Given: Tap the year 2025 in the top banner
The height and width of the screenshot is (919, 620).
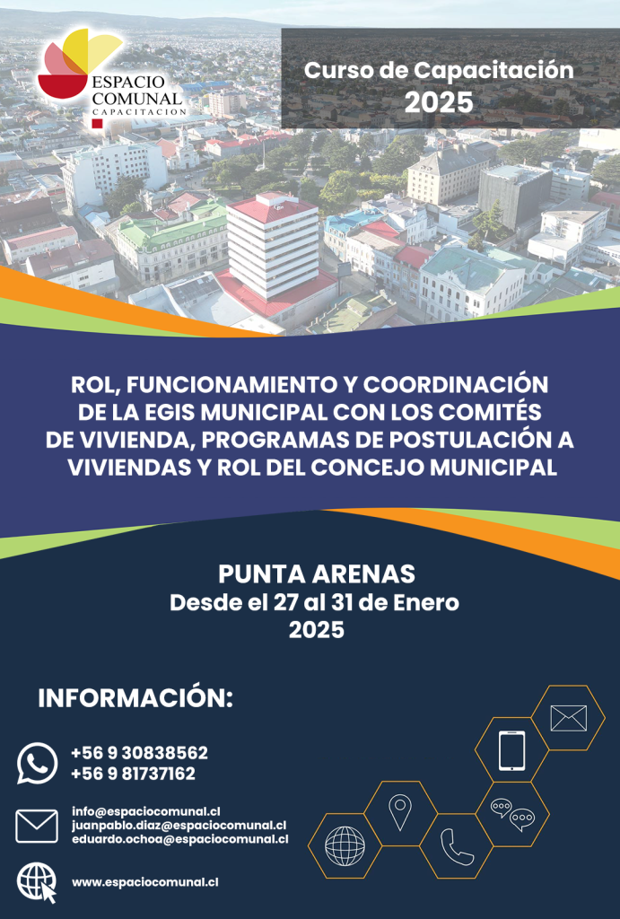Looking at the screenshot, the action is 439,102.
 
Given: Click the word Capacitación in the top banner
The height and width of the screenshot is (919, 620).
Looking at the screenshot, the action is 493,70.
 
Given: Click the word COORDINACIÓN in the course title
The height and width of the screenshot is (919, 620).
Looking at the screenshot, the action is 455,384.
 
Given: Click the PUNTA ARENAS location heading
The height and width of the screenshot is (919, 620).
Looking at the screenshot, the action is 317,574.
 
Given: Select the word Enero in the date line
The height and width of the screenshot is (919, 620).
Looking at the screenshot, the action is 426,602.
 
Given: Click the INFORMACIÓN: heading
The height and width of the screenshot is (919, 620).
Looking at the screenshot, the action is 135,698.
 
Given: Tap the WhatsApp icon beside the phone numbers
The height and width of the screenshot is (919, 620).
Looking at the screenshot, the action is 38,763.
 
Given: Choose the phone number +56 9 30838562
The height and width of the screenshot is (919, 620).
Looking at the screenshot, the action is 139,753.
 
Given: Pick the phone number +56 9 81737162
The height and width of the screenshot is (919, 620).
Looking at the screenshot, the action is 133,774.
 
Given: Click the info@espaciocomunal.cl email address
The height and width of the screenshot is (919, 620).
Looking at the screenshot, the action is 146,811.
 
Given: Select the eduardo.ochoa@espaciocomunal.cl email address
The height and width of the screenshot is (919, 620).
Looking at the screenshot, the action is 180,839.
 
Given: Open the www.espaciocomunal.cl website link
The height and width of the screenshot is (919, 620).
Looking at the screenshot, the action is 145,882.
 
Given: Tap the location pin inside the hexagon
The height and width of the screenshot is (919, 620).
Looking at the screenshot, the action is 399,811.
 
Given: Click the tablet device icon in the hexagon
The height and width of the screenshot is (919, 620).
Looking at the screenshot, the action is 512,750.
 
